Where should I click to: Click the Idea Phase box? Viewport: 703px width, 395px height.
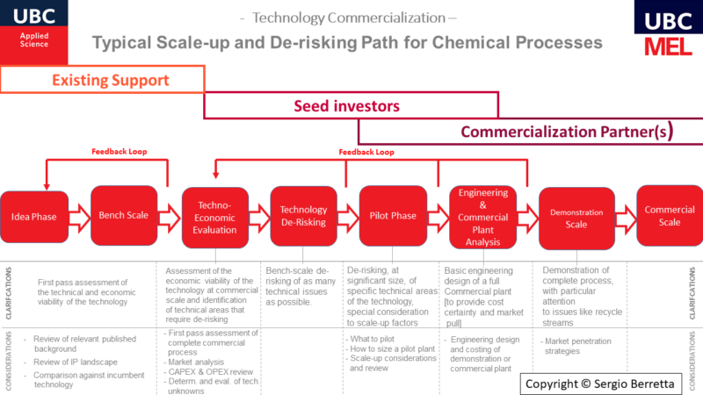(x=33, y=216)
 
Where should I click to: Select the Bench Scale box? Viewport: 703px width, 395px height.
(x=124, y=215)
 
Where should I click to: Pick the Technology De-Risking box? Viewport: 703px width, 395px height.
(x=303, y=216)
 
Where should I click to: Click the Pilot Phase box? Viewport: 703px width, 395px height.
(x=393, y=216)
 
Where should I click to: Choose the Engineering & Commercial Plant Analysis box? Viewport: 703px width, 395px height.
(x=482, y=216)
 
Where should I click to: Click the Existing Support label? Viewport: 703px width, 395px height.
(x=110, y=81)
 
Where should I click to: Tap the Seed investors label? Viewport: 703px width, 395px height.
(x=346, y=106)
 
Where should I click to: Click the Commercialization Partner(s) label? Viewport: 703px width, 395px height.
(x=567, y=133)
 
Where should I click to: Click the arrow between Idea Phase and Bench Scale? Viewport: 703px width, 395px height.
(x=77, y=216)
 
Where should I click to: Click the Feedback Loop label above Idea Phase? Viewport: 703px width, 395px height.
(x=119, y=151)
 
